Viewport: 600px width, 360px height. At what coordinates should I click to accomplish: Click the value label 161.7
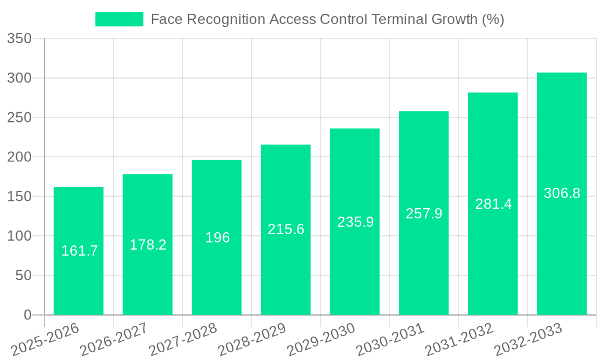pyautogui.click(x=79, y=251)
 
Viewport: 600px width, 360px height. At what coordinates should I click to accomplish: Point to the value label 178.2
pyautogui.click(x=148, y=245)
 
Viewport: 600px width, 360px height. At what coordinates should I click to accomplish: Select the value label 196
pyautogui.click(x=217, y=238)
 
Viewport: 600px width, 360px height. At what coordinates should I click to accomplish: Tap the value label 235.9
pyautogui.click(x=355, y=222)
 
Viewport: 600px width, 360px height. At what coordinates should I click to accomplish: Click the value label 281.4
pyautogui.click(x=493, y=204)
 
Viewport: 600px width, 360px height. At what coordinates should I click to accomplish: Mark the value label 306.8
pyautogui.click(x=562, y=193)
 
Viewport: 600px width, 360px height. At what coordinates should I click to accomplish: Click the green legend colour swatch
pyautogui.click(x=119, y=19)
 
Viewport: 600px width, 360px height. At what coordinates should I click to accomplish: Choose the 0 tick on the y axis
pyautogui.click(x=27, y=315)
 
